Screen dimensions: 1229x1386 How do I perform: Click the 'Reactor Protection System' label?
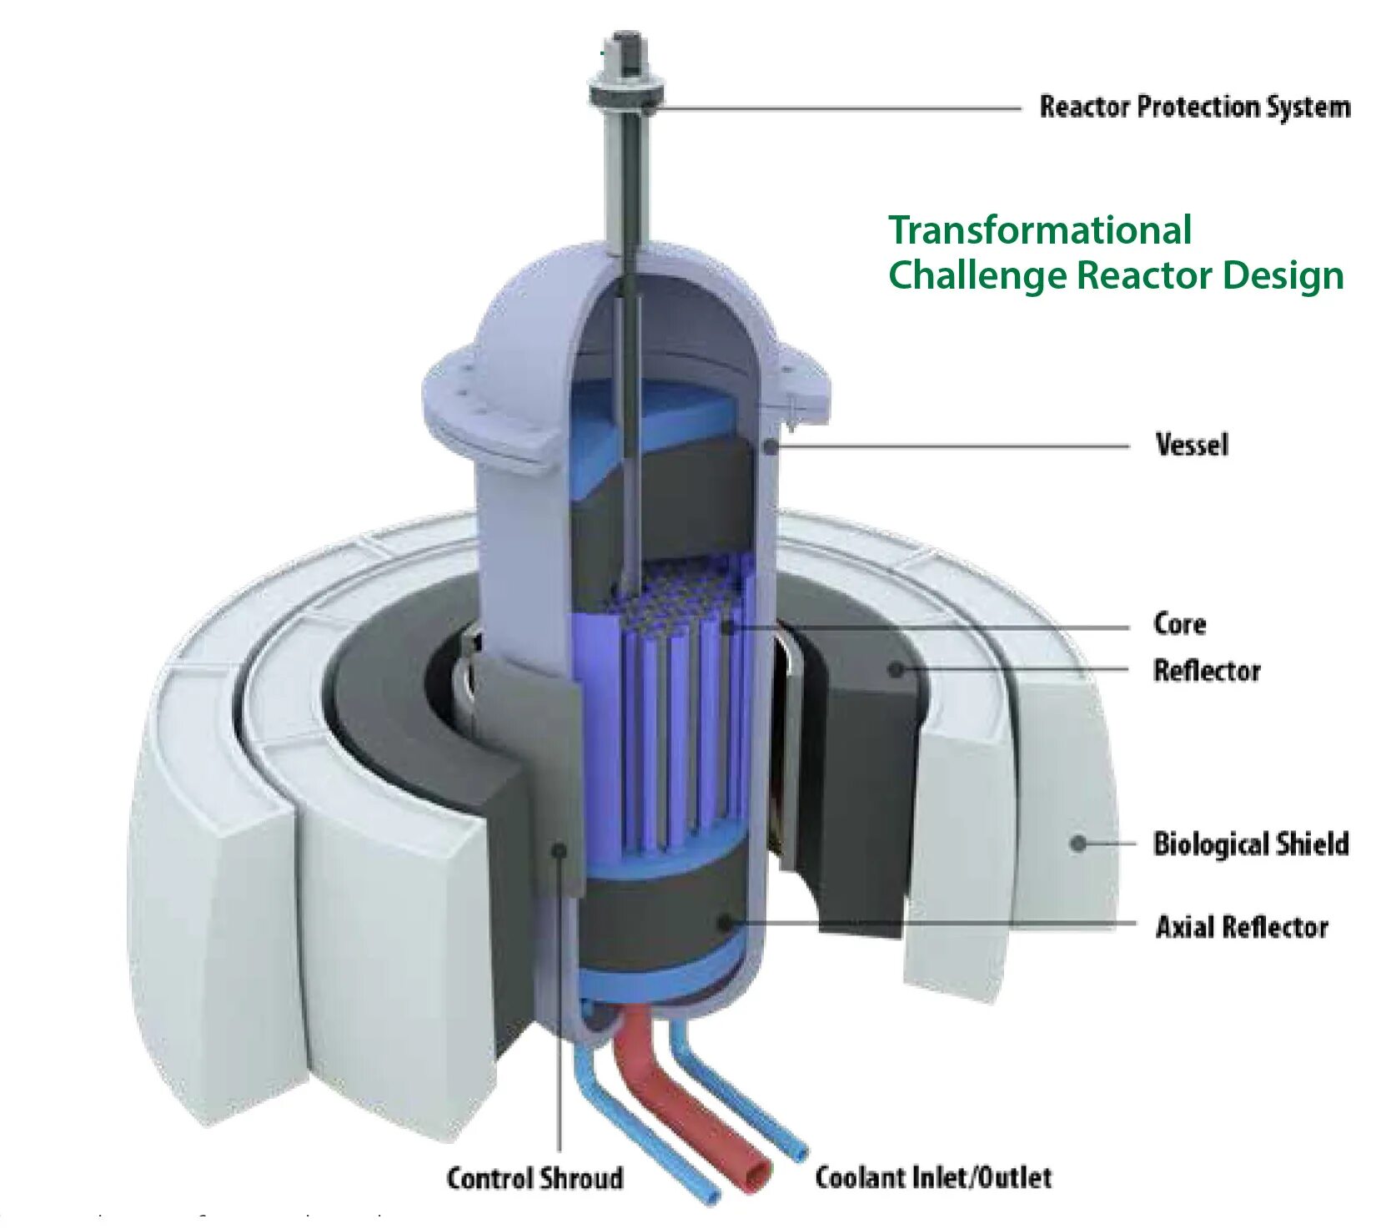pos(1193,107)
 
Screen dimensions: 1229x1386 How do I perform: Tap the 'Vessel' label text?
pos(1191,445)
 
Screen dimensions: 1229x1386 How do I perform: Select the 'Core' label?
pos(1179,623)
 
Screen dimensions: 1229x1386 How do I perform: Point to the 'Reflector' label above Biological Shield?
pos(1206,670)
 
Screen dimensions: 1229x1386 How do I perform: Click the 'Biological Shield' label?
pos(1250,844)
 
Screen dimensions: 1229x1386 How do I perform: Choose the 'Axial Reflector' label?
pos(1241,926)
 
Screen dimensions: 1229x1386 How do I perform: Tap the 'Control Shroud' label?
pos(535,1177)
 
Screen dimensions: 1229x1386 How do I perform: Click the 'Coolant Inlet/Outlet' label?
pos(932,1177)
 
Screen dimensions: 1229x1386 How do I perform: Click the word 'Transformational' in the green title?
pos(1040,230)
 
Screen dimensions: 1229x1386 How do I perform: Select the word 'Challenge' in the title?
pos(977,275)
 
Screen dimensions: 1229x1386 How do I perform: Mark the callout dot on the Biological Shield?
pos(1078,844)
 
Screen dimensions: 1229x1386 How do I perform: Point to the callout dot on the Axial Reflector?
pos(725,922)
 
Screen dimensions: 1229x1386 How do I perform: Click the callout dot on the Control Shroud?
pos(560,849)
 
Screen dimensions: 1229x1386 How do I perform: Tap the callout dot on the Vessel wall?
pos(771,446)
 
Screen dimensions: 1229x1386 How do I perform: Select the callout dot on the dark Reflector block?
pos(896,669)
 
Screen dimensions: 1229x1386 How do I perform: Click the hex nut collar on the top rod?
pos(625,90)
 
